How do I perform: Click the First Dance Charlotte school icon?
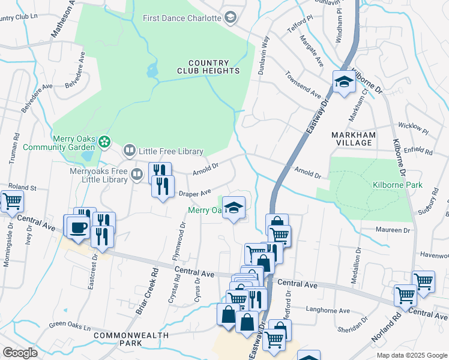[230, 17]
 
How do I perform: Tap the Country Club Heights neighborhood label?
[208, 67]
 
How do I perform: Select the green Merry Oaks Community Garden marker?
[105, 142]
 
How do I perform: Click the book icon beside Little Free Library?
[129, 151]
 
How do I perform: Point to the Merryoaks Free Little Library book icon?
[137, 175]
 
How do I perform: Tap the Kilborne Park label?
[397, 185]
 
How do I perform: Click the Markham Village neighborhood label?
[354, 140]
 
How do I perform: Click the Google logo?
[20, 353]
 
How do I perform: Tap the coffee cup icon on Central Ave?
[77, 226]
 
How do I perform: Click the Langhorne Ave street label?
[328, 311]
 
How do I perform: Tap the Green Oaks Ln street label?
[70, 326]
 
